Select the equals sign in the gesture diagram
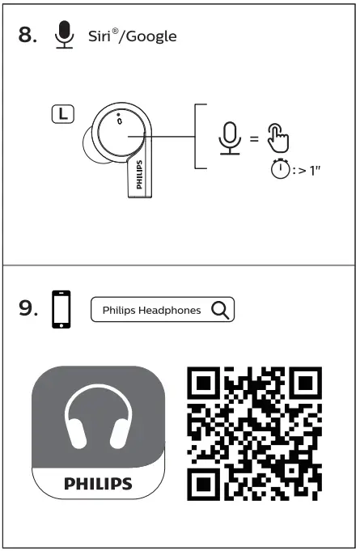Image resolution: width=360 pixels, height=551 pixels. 253,138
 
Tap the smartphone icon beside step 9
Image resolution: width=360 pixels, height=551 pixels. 61,310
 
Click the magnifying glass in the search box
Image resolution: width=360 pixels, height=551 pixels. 219,309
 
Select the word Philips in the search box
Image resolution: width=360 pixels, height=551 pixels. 118,310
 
